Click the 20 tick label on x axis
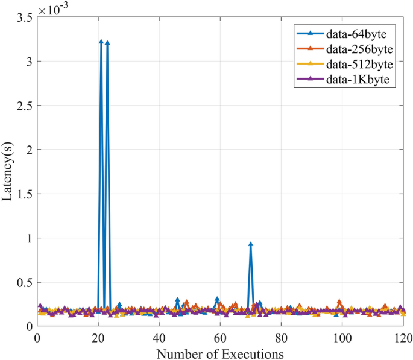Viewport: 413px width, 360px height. click(98, 336)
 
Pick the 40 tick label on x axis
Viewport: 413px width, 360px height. click(159, 336)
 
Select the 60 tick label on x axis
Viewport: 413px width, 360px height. click(220, 336)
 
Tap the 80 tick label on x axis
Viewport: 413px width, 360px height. click(281, 336)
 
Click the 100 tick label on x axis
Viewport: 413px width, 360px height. click(342, 336)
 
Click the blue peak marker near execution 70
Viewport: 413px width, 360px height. click(250, 244)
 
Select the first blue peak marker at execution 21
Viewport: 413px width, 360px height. click(101, 42)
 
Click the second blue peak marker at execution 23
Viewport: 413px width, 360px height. click(107, 43)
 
